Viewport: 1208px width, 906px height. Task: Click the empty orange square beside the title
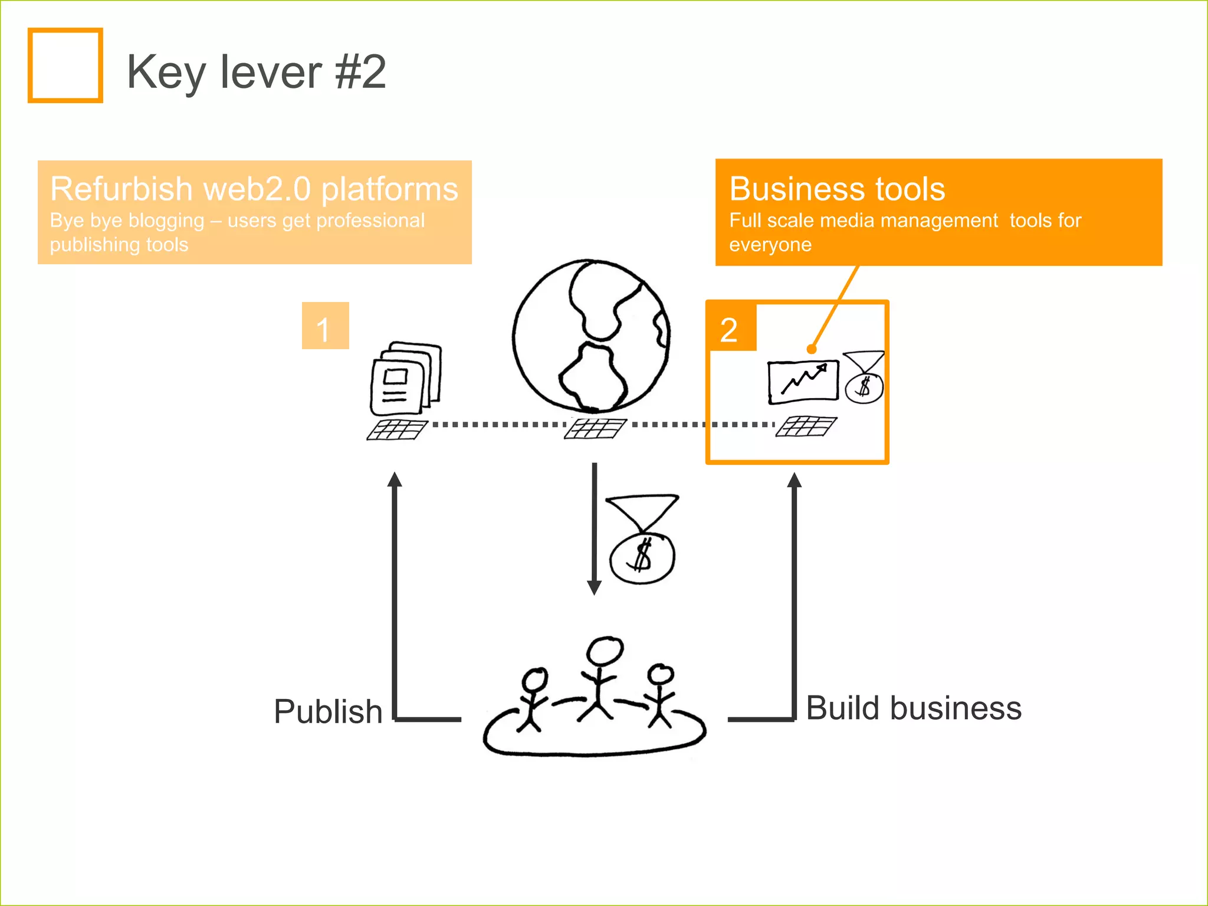[65, 65]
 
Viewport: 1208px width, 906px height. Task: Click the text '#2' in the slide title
[360, 72]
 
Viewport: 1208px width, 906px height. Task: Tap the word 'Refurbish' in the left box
[121, 189]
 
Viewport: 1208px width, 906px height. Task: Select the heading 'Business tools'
[837, 189]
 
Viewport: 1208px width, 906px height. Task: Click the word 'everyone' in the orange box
[770, 245]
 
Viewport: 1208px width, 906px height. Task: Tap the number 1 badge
[325, 326]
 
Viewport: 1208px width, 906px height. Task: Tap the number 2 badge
[730, 328]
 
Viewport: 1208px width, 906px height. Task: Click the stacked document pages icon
[406, 377]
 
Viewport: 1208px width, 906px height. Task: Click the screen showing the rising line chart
[803, 382]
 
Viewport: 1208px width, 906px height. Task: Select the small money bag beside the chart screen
[864, 379]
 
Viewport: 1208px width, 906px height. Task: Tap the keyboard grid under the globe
[595, 429]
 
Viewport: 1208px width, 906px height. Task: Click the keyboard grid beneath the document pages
[397, 430]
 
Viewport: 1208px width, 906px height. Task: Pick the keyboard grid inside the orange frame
[806, 426]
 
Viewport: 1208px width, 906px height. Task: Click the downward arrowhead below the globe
[594, 587]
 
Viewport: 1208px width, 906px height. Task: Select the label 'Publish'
[328, 711]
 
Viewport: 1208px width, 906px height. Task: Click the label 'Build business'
[913, 708]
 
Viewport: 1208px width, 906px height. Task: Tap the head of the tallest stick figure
[605, 651]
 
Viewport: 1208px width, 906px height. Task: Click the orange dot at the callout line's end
[812, 349]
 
